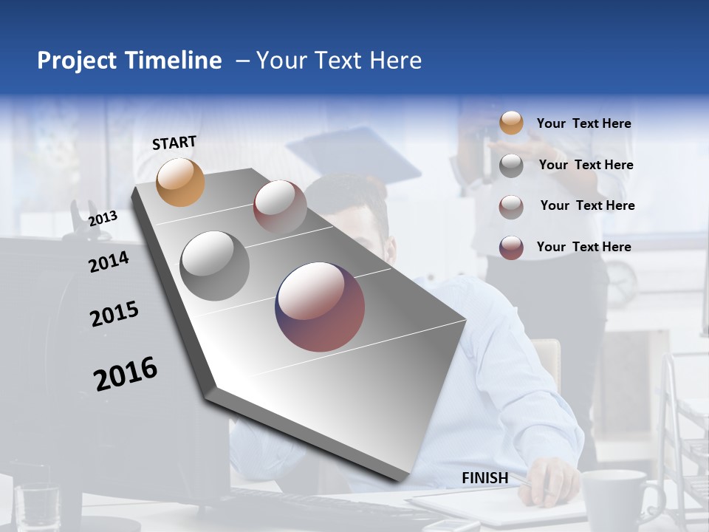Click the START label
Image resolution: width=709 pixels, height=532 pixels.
[174, 143]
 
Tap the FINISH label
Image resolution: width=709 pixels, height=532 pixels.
[484, 478]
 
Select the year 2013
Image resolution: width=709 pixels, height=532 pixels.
[103, 218]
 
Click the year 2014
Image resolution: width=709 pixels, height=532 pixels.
[109, 262]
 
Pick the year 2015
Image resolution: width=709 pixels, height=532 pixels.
[114, 314]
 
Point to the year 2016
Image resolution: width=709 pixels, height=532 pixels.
[126, 373]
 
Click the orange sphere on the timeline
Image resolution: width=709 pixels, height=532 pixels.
[180, 182]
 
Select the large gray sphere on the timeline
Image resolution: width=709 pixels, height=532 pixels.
[215, 266]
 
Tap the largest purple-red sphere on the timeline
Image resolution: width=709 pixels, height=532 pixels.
[320, 307]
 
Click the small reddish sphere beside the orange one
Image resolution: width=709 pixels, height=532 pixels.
[280, 206]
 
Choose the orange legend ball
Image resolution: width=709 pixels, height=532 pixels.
[511, 123]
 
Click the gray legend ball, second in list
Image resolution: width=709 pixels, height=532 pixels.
[511, 166]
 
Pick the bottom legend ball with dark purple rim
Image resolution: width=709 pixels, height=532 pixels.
[511, 248]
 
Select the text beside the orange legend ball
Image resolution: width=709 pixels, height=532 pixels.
[583, 123]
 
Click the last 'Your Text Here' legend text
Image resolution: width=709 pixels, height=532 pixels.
[583, 247]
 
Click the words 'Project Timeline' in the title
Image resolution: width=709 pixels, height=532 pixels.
[129, 61]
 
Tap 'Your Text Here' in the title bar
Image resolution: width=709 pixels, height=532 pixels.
[338, 61]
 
